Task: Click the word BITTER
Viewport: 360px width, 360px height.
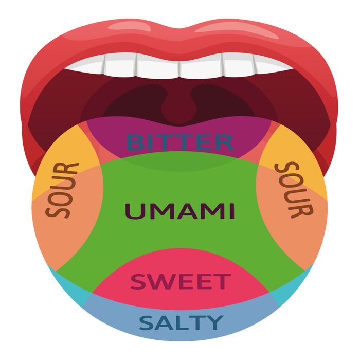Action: tap(180, 142)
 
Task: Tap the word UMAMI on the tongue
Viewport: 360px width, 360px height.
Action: tap(180, 211)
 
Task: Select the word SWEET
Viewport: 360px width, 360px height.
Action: tap(181, 281)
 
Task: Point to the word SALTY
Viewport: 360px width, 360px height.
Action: tap(181, 322)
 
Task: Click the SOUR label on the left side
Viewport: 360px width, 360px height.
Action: tap(62, 190)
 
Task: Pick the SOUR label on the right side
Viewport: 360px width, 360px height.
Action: tap(294, 190)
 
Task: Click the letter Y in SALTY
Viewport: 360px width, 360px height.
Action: tap(214, 322)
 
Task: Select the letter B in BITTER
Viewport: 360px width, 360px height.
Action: tap(134, 142)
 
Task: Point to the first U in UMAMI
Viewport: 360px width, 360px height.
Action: tap(133, 211)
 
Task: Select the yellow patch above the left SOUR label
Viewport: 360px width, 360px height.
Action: tap(69, 149)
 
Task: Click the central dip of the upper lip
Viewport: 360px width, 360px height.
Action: tap(180, 29)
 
